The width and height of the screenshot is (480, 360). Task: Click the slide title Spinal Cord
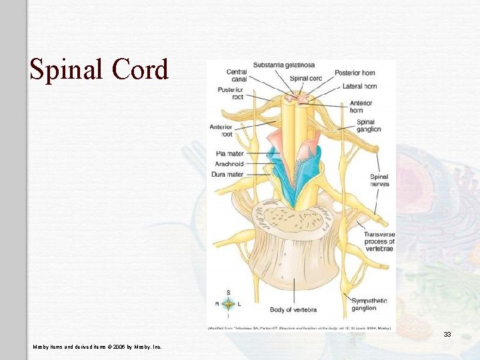[x=99, y=69]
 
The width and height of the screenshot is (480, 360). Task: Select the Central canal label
[x=237, y=75]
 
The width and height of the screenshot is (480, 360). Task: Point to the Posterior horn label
[x=355, y=73]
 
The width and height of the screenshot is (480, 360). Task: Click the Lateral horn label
[x=361, y=86]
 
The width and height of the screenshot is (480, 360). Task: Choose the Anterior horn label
[x=361, y=107]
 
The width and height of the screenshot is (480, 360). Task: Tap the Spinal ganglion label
[x=369, y=125]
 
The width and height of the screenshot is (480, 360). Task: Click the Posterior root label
[x=230, y=93]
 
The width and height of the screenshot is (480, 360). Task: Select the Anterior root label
[x=221, y=130]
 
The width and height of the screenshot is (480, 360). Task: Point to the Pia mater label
[x=230, y=154]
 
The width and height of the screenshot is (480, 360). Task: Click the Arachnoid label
[x=229, y=164]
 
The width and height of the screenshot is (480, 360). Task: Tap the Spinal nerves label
[x=379, y=180]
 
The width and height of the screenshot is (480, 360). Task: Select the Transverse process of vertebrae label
[x=379, y=241]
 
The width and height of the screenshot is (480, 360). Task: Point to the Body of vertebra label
[x=293, y=310]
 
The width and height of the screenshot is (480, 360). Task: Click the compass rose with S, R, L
[x=228, y=304]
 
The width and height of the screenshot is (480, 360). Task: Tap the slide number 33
[x=447, y=334]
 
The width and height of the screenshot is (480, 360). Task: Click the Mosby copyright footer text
[x=97, y=346]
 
